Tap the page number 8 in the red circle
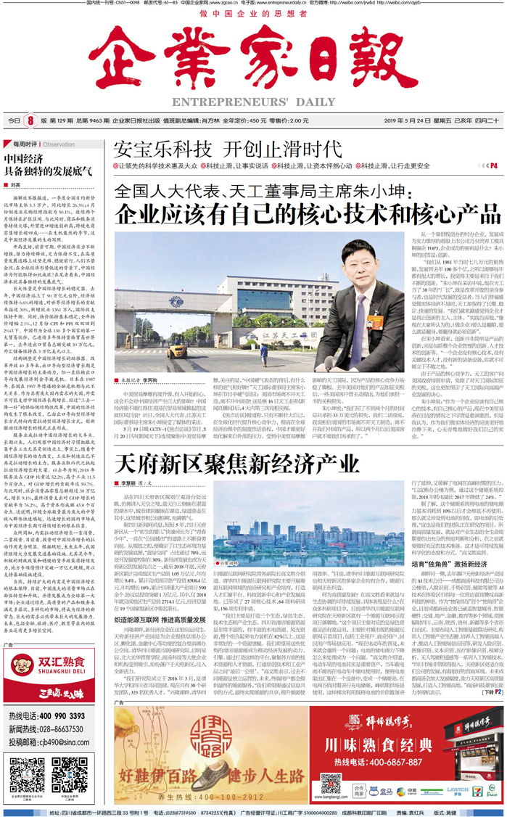click(30, 120)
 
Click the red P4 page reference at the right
click(492, 165)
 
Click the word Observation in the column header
click(59, 144)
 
